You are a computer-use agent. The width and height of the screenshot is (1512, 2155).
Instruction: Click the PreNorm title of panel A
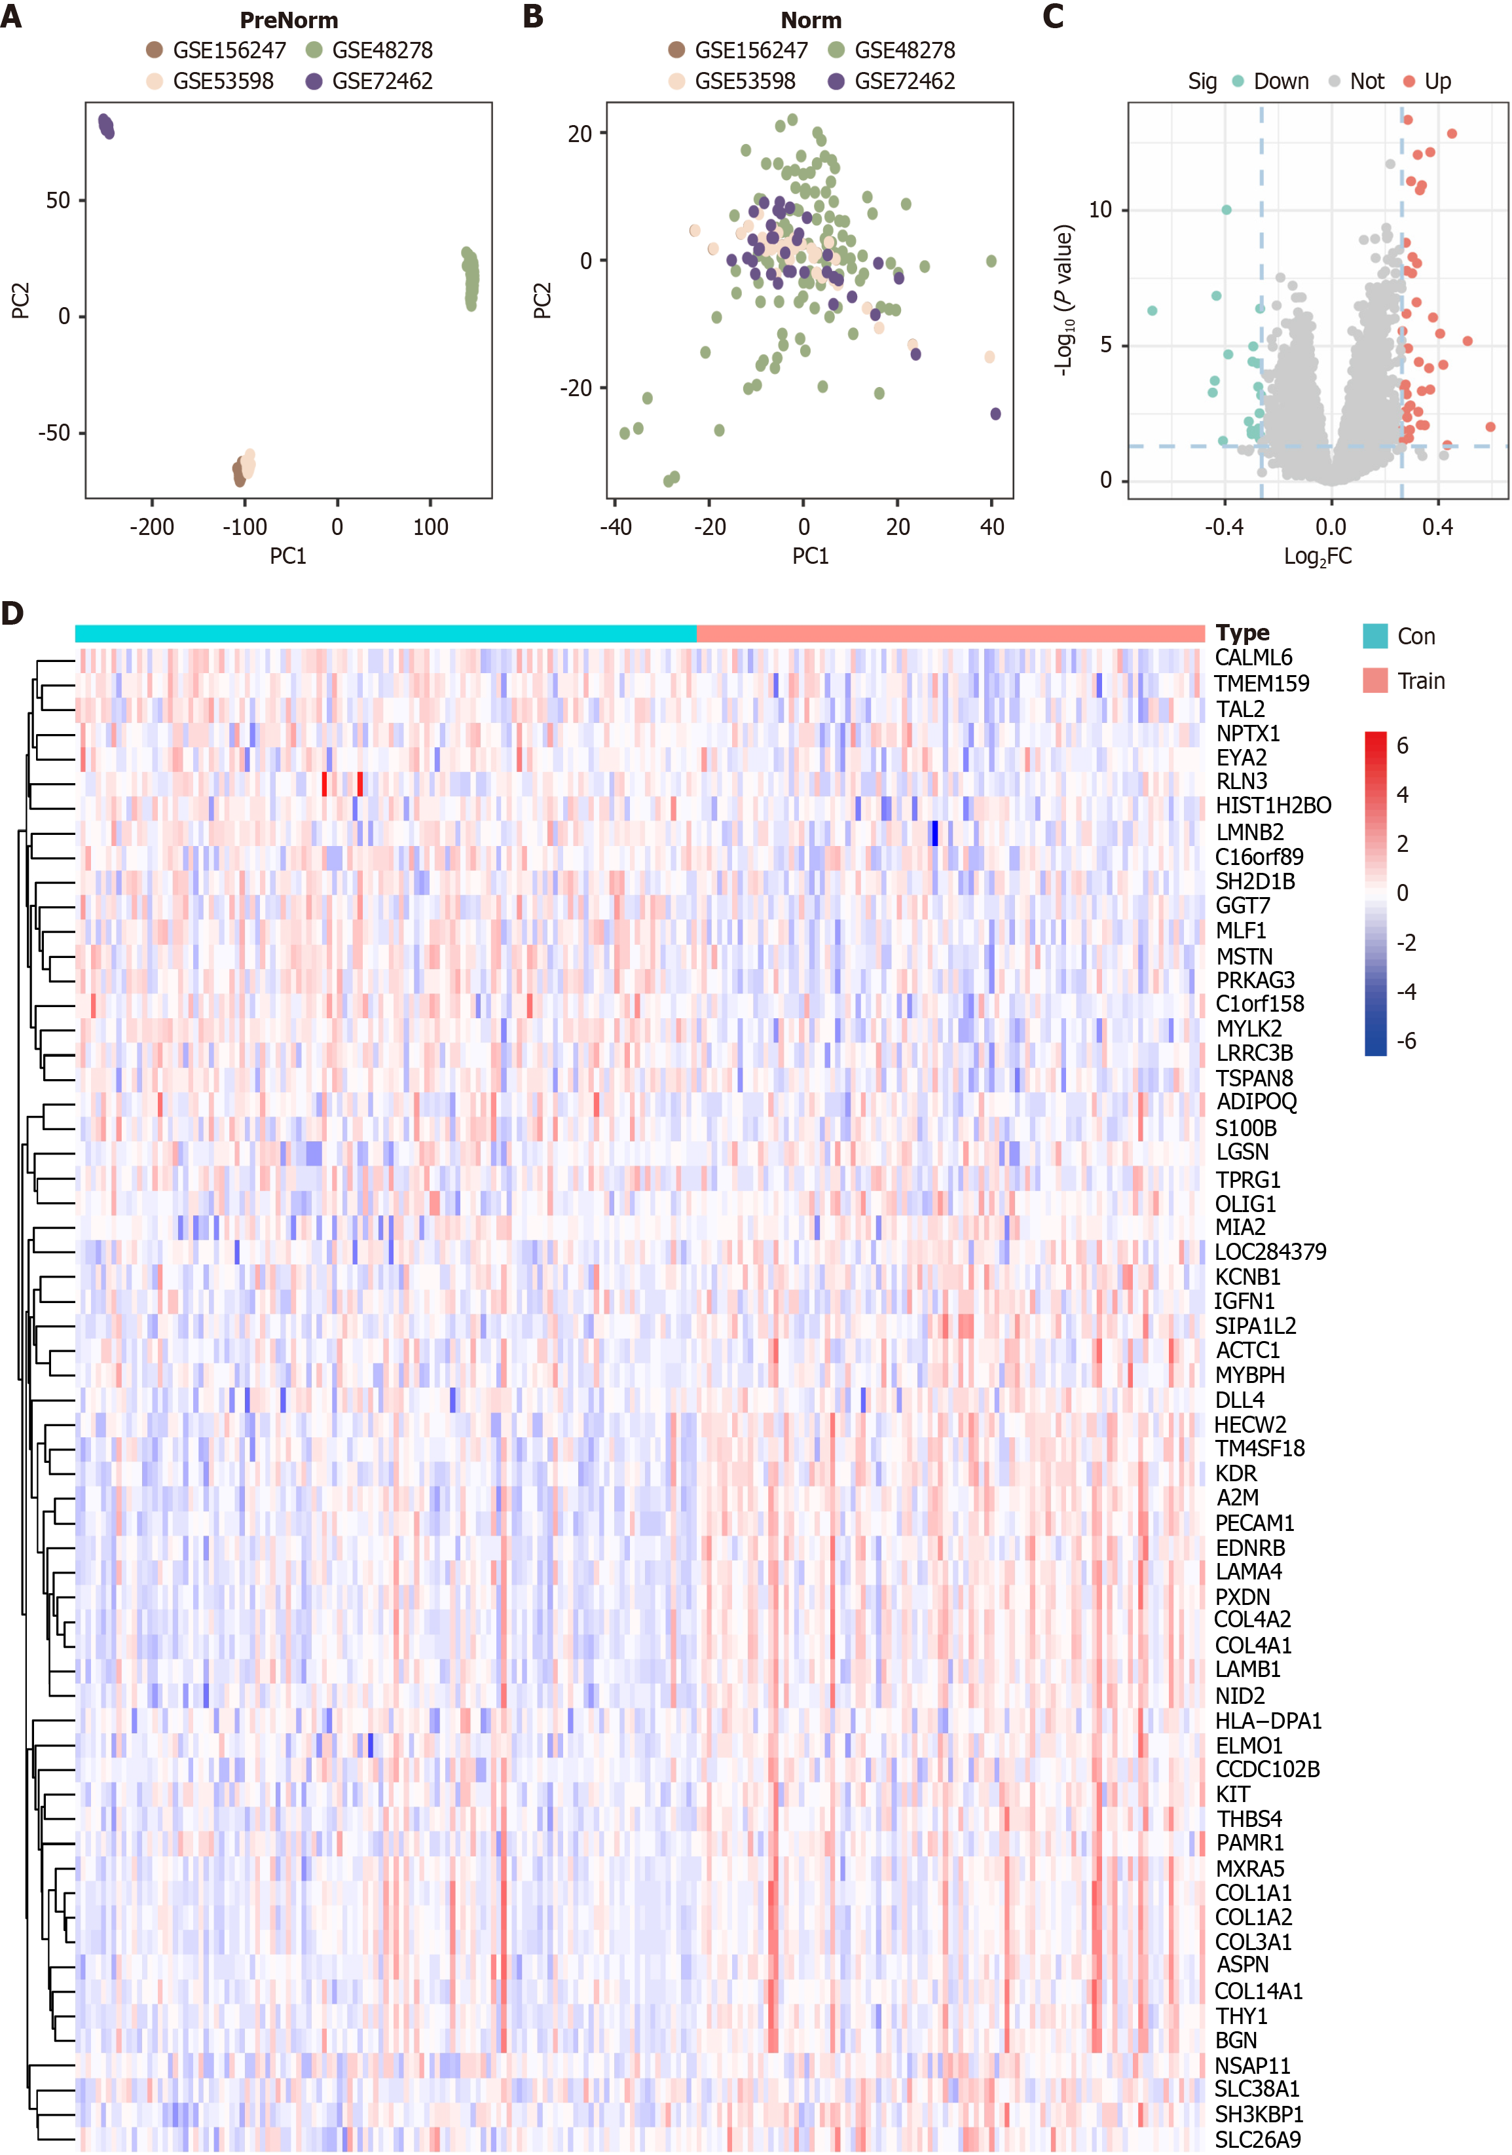click(x=288, y=20)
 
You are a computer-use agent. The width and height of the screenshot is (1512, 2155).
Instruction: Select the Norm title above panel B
click(x=811, y=20)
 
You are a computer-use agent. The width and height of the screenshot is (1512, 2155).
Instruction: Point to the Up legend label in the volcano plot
click(x=1437, y=82)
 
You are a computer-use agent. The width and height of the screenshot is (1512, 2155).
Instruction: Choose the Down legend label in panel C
click(x=1280, y=82)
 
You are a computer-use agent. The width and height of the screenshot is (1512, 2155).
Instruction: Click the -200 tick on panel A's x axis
click(x=152, y=526)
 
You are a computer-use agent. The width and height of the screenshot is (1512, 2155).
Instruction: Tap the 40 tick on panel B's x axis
click(x=992, y=526)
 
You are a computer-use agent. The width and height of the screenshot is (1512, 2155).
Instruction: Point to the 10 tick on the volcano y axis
click(x=1100, y=210)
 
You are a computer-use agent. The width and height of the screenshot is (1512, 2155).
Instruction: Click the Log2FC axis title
click(x=1318, y=557)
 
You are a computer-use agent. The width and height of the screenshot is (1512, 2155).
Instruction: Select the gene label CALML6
click(x=1253, y=657)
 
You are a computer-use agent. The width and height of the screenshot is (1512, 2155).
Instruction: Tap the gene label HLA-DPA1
click(x=1268, y=1720)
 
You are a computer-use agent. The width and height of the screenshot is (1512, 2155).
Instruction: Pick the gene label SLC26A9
click(x=1258, y=2139)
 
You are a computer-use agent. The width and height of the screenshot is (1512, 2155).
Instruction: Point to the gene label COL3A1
click(x=1253, y=1941)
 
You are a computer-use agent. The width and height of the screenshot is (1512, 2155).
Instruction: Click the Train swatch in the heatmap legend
click(x=1375, y=680)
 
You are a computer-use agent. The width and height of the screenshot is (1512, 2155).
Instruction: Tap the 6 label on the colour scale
click(x=1402, y=745)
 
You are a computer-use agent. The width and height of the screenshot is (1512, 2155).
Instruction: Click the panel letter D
click(x=13, y=613)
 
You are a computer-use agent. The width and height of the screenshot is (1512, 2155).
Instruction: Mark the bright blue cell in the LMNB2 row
click(x=934, y=832)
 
